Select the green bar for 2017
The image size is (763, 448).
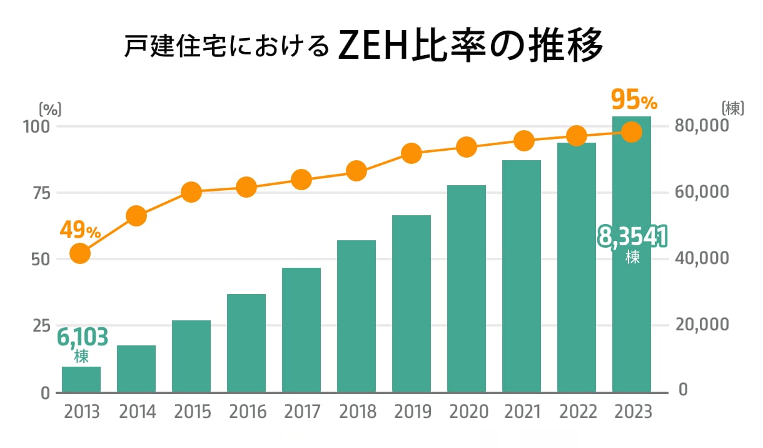(301, 330)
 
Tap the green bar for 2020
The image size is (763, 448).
(467, 288)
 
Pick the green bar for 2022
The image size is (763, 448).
(577, 267)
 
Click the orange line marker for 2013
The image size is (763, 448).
(80, 253)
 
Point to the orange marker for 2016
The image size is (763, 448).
(246, 186)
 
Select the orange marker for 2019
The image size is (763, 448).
(412, 153)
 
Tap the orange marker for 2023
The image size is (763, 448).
(632, 132)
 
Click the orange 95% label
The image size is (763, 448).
(634, 99)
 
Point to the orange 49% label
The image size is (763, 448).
(80, 230)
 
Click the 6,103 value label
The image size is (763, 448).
(83, 337)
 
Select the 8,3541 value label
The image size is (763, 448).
(632, 237)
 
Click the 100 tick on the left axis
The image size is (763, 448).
(36, 126)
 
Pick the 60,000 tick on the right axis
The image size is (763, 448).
(702, 193)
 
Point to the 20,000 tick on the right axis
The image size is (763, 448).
(702, 325)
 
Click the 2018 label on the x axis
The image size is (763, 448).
(356, 412)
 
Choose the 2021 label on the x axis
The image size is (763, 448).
(522, 412)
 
